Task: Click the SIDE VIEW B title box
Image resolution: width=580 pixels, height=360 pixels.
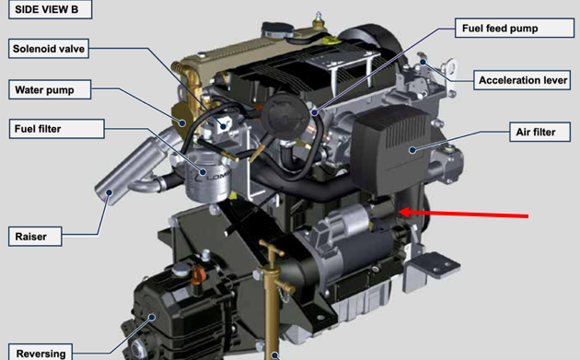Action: pyautogui.click(x=50, y=9)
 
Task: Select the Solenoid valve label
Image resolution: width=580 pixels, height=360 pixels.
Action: pyautogui.click(x=49, y=49)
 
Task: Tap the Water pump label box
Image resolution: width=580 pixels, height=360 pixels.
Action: pyautogui.click(x=50, y=89)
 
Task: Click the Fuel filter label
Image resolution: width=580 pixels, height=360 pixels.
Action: pyautogui.click(x=56, y=129)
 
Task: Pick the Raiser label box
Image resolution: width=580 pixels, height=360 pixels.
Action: pyautogui.click(x=35, y=237)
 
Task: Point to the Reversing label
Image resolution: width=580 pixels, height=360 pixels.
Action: pyautogui.click(x=40, y=353)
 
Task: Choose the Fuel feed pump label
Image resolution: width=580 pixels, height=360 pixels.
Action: pyautogui.click(x=515, y=28)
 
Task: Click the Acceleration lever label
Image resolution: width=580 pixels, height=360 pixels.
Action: pyautogui.click(x=522, y=80)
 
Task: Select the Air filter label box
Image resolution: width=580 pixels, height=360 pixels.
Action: pyautogui.click(x=539, y=132)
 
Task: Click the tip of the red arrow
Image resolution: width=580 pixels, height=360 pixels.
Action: pyautogui.click(x=399, y=212)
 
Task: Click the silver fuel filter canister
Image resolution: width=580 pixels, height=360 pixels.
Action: pyautogui.click(x=208, y=178)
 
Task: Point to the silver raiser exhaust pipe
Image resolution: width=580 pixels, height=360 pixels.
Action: pyautogui.click(x=130, y=168)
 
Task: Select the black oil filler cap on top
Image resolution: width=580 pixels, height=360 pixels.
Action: pyautogui.click(x=277, y=29)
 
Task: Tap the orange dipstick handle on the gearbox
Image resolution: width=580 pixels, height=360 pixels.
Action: pyautogui.click(x=198, y=274)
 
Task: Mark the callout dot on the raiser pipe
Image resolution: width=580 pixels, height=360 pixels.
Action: pyautogui.click(x=110, y=192)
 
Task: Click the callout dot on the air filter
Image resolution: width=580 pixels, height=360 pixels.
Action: pyautogui.click(x=412, y=150)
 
